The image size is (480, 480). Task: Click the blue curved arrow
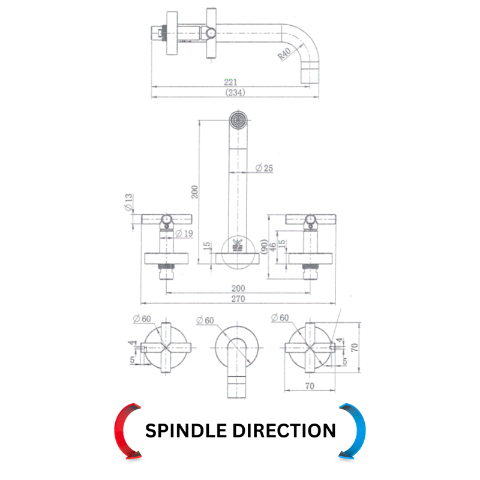click(359, 430)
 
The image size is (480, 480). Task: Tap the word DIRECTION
click(284, 431)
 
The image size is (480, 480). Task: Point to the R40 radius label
click(284, 54)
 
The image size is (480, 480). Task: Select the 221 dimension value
click(230, 82)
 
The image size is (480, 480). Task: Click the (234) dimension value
click(235, 92)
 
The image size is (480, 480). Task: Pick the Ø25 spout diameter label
click(264, 168)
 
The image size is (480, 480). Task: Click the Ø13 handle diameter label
click(128, 202)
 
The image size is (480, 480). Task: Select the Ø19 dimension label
click(184, 233)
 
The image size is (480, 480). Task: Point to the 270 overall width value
click(238, 299)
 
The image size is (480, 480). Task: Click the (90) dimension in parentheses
click(264, 247)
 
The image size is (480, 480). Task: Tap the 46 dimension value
click(272, 246)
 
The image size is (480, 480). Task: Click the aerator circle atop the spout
click(238, 120)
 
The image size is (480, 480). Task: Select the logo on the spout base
click(238, 245)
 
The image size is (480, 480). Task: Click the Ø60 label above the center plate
click(205, 320)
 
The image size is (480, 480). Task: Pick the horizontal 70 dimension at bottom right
click(310, 386)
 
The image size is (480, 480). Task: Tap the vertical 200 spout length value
click(194, 192)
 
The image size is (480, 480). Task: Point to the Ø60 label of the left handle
click(142, 319)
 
